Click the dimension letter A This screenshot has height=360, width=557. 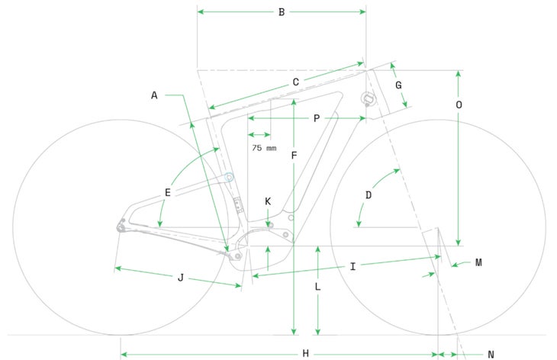pyautogui.click(x=154, y=95)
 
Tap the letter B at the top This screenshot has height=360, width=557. pyautogui.click(x=282, y=12)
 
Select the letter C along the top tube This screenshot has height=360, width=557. pyautogui.click(x=295, y=82)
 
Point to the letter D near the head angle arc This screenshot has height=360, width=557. pyautogui.click(x=369, y=195)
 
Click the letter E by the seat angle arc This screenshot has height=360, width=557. pyautogui.click(x=168, y=192)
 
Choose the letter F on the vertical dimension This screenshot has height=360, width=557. pyautogui.click(x=294, y=156)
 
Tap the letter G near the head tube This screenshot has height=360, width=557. pyautogui.click(x=398, y=85)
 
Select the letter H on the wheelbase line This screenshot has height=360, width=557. pyautogui.click(x=305, y=354)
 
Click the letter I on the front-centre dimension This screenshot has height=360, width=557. pyautogui.click(x=353, y=267)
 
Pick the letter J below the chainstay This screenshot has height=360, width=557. pyautogui.click(x=181, y=278)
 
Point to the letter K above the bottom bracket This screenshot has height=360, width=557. pyautogui.click(x=268, y=201)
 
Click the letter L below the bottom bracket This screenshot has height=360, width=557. pyautogui.click(x=317, y=287)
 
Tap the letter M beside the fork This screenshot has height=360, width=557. pyautogui.click(x=478, y=262)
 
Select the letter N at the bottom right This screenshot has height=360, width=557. pyautogui.click(x=491, y=355)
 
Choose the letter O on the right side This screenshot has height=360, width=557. pyautogui.click(x=459, y=105)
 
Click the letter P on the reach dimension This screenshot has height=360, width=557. pyautogui.click(x=317, y=118)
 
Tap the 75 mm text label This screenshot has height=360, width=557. pyautogui.click(x=264, y=148)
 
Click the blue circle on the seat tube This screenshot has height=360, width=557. pyautogui.click(x=229, y=177)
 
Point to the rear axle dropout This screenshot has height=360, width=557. pyautogui.click(x=121, y=227)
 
